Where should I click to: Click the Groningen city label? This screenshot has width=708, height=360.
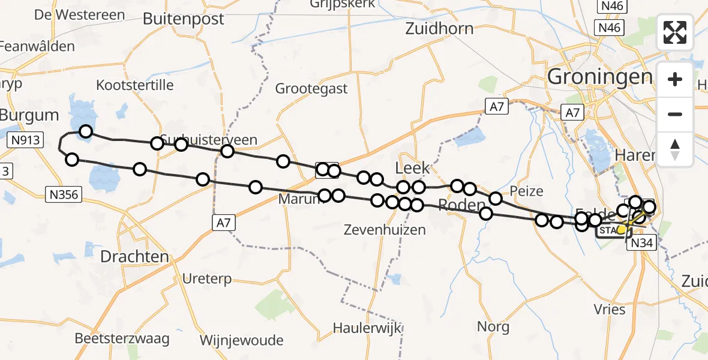(x=600, y=76)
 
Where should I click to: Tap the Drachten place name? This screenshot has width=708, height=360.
(x=134, y=257)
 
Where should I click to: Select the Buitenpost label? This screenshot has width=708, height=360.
(x=184, y=19)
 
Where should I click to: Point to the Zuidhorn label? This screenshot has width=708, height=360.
(x=439, y=28)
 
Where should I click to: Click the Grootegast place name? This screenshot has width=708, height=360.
(x=311, y=89)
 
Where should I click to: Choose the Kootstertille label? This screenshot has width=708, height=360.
(x=135, y=85)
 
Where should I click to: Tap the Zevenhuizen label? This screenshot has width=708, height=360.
(x=385, y=229)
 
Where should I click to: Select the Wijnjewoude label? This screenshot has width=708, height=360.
(x=241, y=340)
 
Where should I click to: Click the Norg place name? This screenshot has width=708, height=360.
(x=493, y=327)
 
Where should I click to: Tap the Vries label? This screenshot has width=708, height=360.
(x=610, y=310)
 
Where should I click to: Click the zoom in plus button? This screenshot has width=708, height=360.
(x=675, y=79)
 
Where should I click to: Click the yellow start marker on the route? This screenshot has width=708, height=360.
(x=622, y=229)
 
